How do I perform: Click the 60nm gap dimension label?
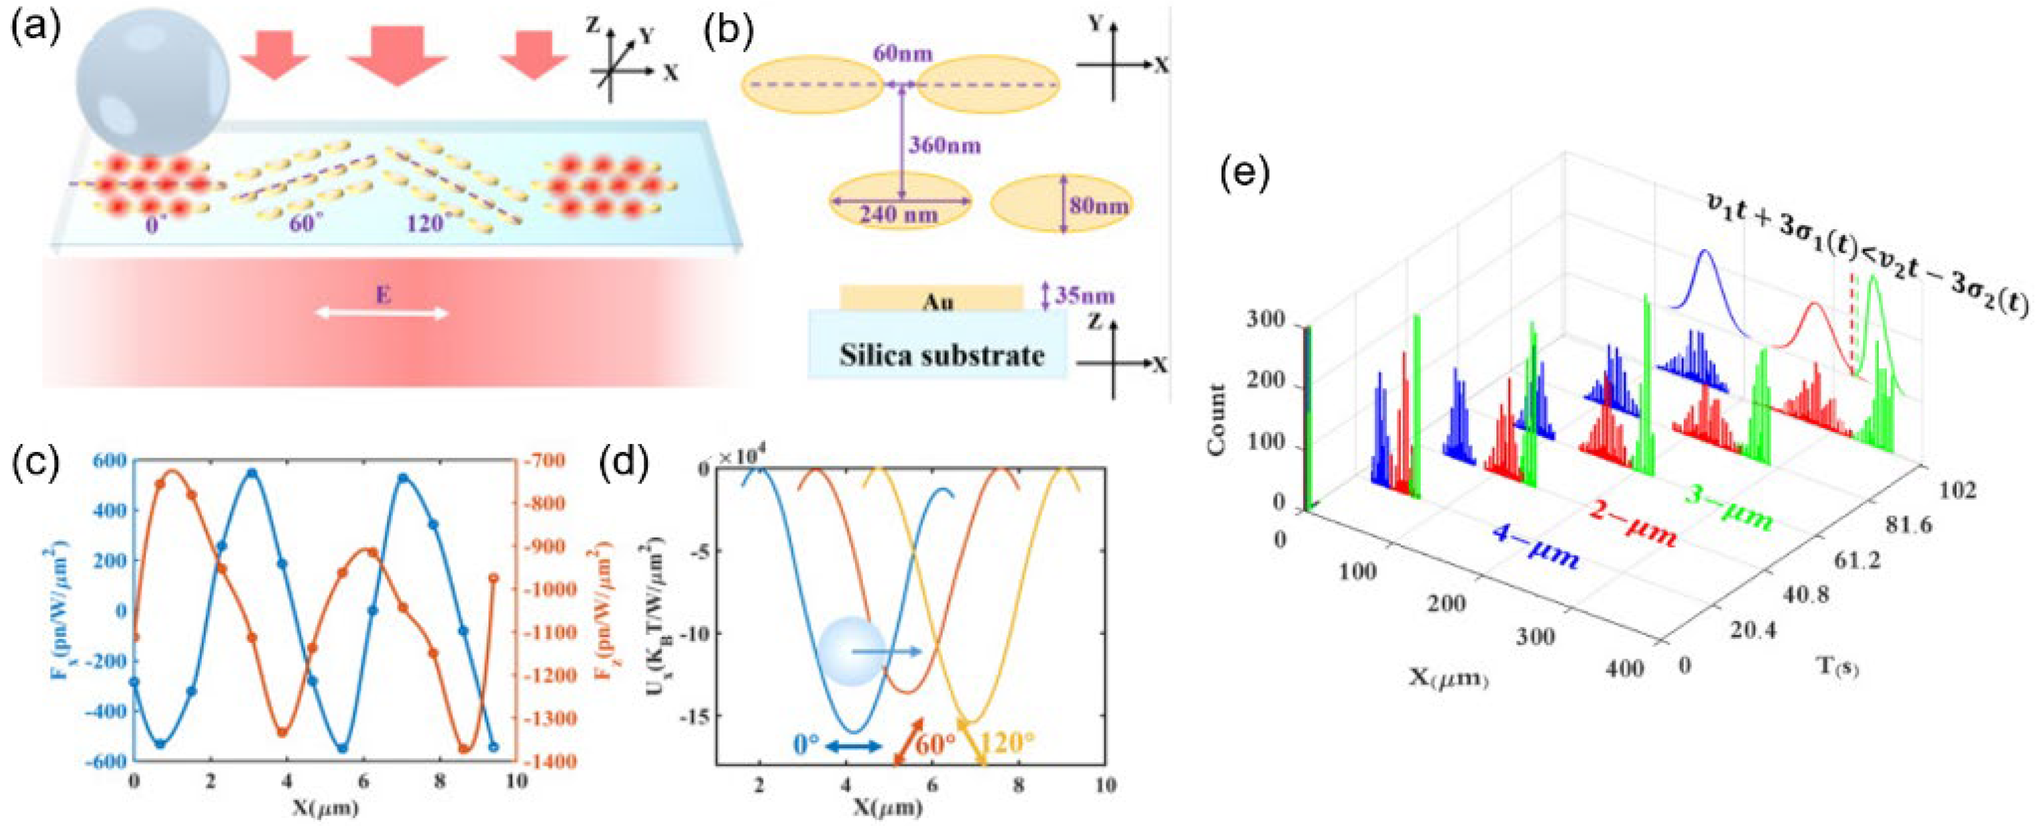coord(902,54)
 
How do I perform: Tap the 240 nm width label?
coord(899,214)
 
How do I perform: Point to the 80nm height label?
coord(1099,206)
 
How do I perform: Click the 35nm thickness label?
coord(1084,296)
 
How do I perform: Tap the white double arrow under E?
coord(382,314)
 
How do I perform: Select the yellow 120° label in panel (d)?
coord(1007,743)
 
